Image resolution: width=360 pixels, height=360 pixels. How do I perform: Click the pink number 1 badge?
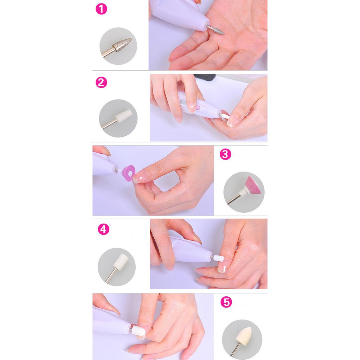[x=101, y=9]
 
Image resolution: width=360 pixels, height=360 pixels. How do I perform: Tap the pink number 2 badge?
[x=101, y=83]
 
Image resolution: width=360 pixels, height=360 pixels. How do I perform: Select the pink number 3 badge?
[x=225, y=154]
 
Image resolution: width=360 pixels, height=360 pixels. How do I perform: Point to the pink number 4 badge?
[x=103, y=230]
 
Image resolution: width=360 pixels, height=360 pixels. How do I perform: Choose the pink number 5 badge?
[x=226, y=302]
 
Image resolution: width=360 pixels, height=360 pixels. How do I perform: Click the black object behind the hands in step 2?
[x=205, y=77]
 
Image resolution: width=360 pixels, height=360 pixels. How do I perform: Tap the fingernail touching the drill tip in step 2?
[x=231, y=121]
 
